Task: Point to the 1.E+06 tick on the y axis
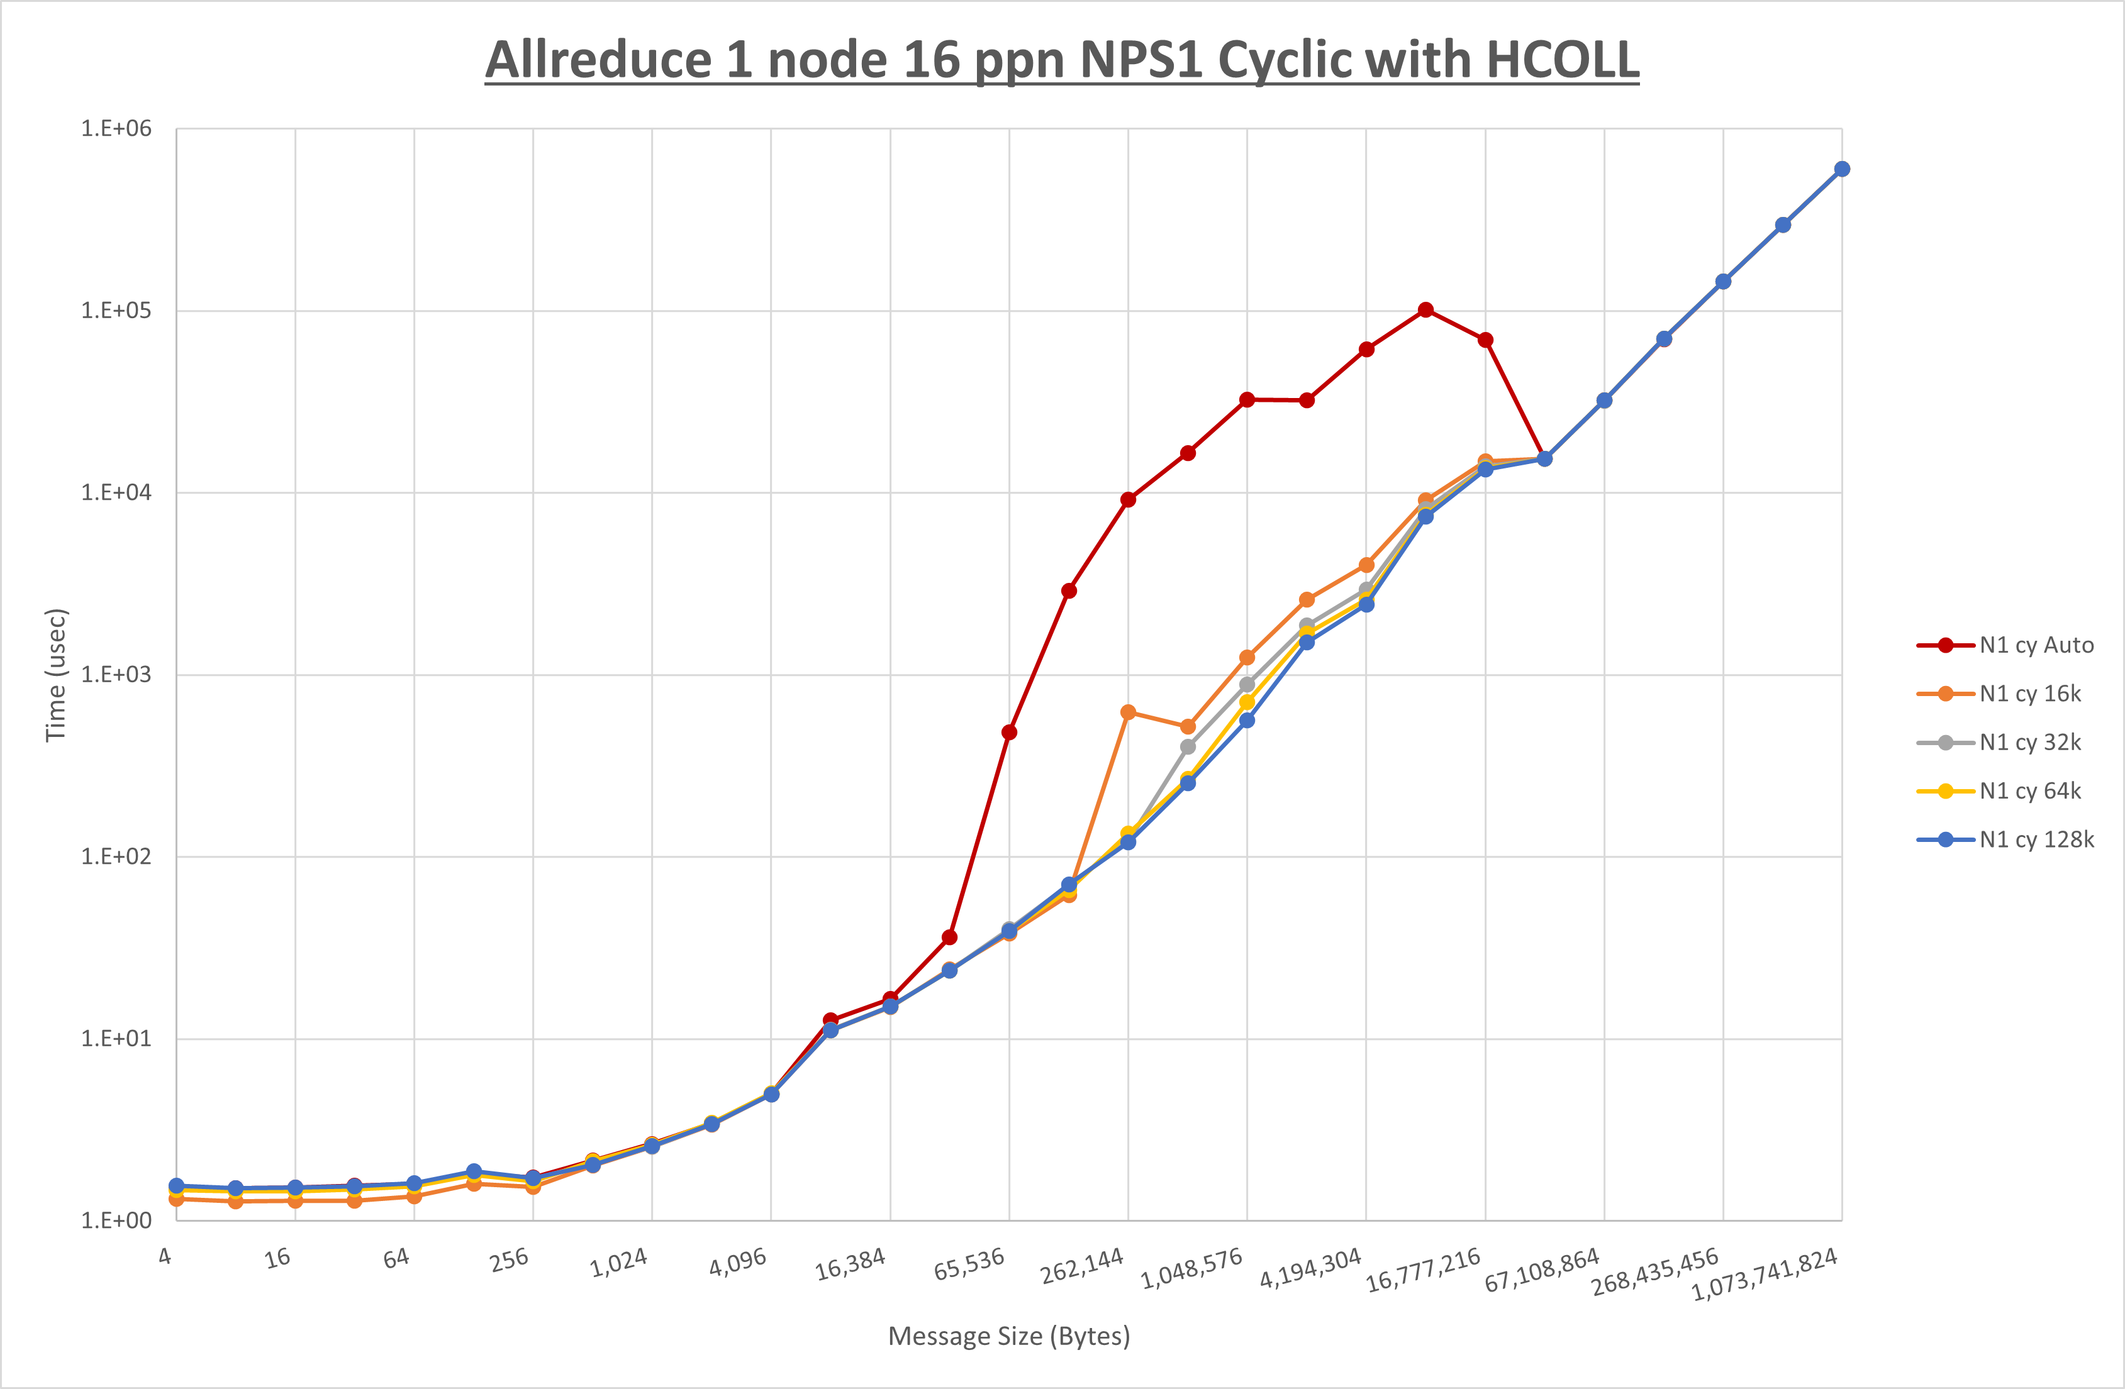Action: [x=116, y=128]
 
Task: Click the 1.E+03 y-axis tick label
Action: [x=116, y=675]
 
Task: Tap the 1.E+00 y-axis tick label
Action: [x=116, y=1220]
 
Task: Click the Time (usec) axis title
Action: [x=55, y=675]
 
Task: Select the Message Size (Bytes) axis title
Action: [x=1009, y=1336]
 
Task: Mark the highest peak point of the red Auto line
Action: [x=1426, y=310]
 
